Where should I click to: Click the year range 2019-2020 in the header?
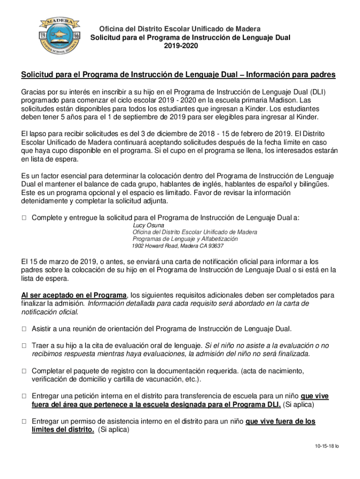click(181, 46)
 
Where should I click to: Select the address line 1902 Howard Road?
click(178, 246)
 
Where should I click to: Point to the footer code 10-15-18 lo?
click(327, 446)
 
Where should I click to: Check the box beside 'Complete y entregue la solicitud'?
click(24, 218)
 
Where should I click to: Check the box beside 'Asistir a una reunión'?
click(24, 329)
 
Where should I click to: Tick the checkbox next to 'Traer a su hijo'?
click(24, 346)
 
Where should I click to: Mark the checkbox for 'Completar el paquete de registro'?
click(24, 371)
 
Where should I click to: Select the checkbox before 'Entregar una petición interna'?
click(24, 396)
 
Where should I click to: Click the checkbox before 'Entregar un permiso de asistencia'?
click(24, 421)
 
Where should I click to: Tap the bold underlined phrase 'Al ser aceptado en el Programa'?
click(74, 295)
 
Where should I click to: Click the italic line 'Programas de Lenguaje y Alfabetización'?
click(185, 239)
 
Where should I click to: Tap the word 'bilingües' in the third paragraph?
click(314, 184)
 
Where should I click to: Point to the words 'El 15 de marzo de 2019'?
click(58, 261)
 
